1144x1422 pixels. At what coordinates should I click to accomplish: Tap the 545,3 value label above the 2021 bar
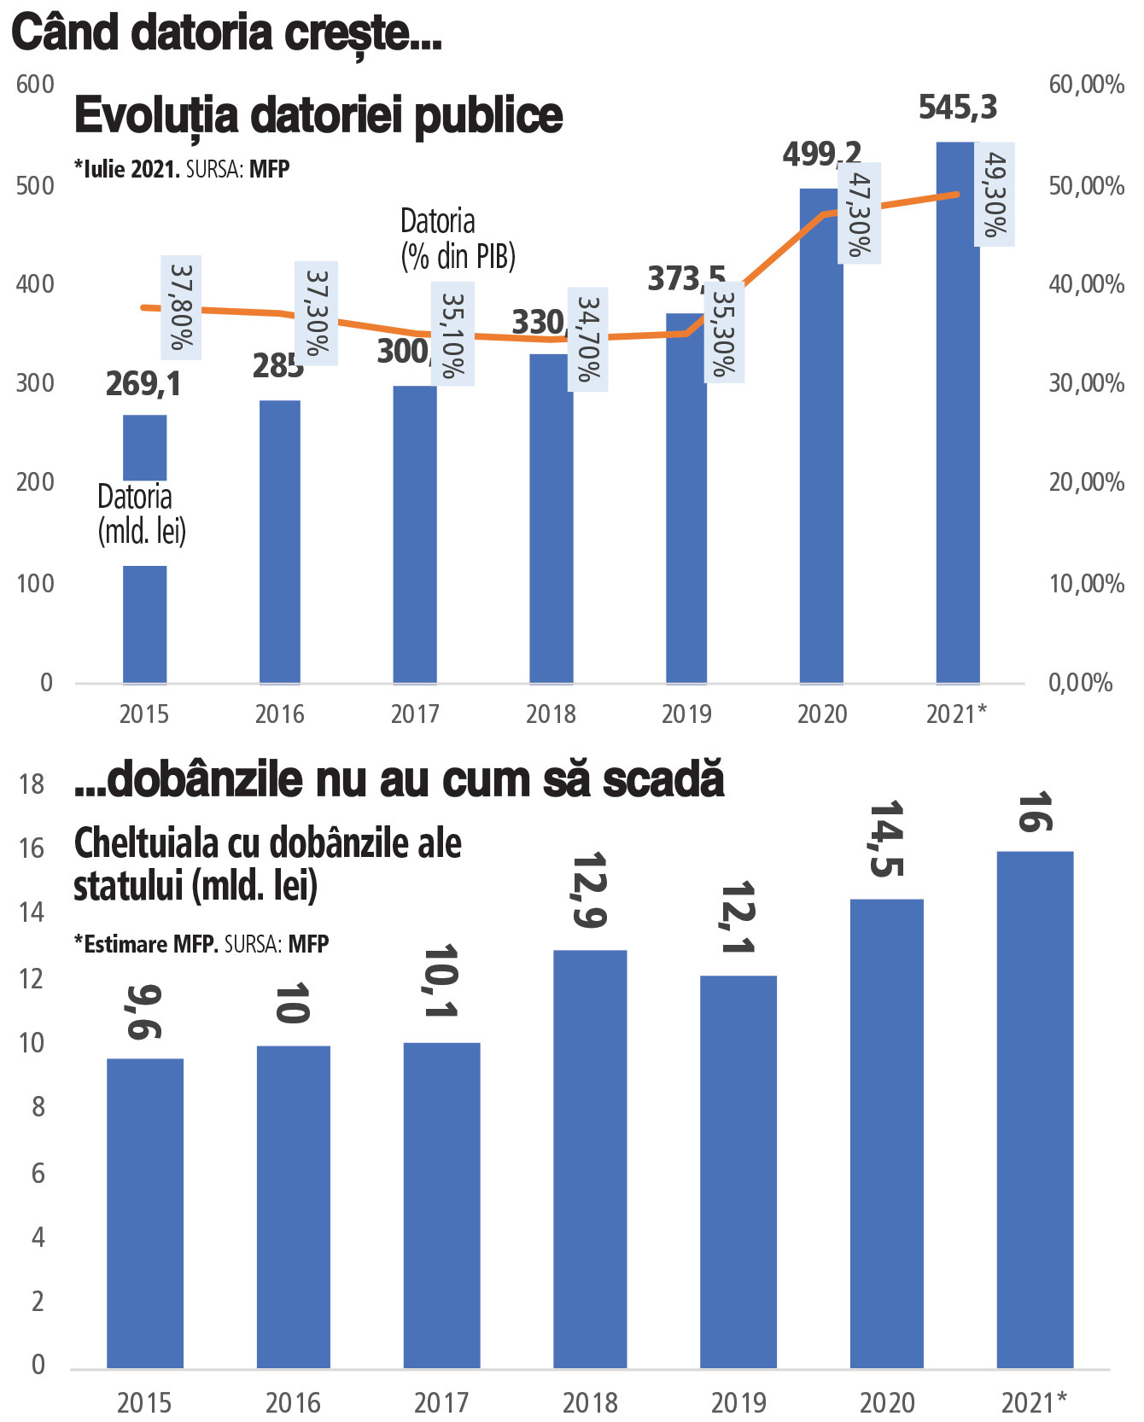[957, 108]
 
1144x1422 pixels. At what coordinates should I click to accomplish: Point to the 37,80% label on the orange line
[181, 307]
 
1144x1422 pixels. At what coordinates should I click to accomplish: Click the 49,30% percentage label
[995, 195]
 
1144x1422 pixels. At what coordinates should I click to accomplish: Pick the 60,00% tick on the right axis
[1086, 85]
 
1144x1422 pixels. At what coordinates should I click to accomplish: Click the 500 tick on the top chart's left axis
[35, 186]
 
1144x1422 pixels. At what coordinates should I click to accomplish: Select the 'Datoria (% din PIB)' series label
[458, 239]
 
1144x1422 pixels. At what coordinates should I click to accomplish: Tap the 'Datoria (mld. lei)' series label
[142, 514]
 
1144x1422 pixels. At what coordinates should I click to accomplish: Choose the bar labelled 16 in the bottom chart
[1035, 1110]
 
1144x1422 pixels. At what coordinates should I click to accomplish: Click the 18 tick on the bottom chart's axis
[32, 784]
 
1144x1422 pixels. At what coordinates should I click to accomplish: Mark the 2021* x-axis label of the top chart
[956, 714]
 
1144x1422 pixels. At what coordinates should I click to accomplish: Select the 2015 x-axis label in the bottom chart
[144, 1402]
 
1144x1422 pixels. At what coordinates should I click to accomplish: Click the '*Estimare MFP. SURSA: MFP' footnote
[201, 944]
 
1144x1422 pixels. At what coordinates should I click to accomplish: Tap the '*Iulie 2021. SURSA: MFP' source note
[182, 169]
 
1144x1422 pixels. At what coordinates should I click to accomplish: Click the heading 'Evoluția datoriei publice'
[318, 115]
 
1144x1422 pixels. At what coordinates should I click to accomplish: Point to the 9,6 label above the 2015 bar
[144, 1011]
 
